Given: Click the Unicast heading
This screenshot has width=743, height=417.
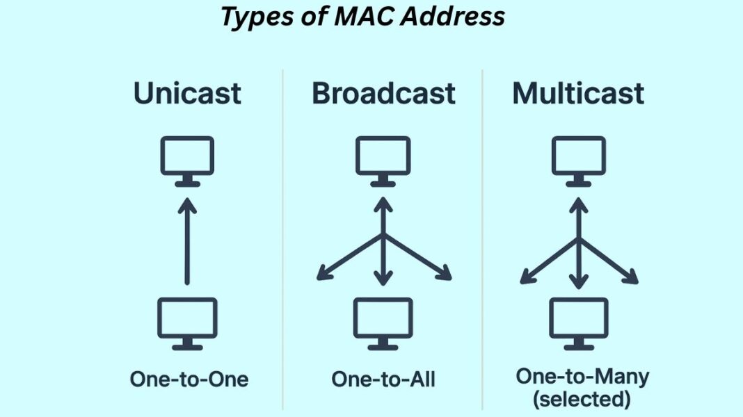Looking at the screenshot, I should point(187,93).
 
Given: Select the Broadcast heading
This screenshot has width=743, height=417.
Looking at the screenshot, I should point(383,93).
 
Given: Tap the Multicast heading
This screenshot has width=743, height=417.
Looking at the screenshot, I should point(578,93).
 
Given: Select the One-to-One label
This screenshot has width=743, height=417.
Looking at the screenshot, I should point(189,379).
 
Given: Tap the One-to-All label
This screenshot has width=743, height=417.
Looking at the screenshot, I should point(383,379).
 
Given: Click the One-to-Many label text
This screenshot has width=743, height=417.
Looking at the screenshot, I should point(582,377).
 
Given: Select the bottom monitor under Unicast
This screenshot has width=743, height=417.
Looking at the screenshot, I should point(187,322).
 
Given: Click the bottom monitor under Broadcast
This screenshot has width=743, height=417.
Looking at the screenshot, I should point(383,322).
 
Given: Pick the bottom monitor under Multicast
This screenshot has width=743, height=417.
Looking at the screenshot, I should point(578,322).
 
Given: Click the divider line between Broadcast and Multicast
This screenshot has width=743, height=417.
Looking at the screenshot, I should point(482,236).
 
